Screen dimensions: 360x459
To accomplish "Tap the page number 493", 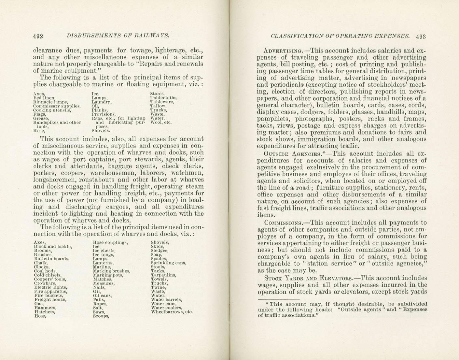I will click(421, 36).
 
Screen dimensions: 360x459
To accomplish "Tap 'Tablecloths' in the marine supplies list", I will click(164, 98).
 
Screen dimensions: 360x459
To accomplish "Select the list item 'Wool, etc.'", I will click(161, 123).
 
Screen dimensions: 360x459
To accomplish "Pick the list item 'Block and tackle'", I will click(53, 247).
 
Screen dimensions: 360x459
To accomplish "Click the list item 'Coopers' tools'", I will click(50, 279).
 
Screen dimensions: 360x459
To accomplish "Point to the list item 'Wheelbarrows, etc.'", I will click(172, 312).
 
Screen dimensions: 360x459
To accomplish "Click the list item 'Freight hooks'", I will click(50, 300).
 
